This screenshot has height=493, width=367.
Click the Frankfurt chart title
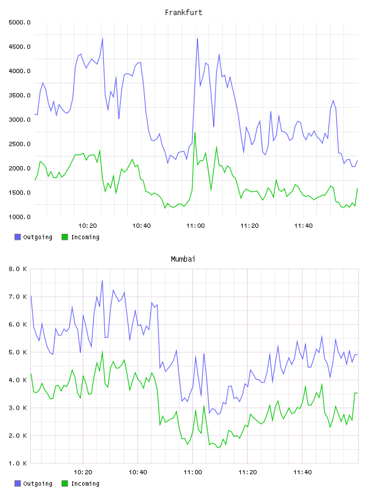(183, 13)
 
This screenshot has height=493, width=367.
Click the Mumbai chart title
(183, 259)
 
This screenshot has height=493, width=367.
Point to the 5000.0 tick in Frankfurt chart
(19, 22)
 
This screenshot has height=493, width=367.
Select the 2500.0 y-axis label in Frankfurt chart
(19, 144)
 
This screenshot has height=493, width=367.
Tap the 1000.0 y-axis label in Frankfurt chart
(19, 217)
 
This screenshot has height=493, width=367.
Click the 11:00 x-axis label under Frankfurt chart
(196, 226)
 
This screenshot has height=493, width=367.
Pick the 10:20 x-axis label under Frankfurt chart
(88, 226)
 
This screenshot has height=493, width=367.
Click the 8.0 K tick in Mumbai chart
(18, 269)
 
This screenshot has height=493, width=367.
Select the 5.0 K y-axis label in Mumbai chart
(18, 352)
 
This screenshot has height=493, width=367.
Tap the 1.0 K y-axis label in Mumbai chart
(18, 463)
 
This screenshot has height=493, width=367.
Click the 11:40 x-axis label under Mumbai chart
(302, 472)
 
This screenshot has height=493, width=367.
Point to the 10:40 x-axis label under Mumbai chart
(138, 472)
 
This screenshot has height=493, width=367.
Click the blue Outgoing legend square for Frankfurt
(18, 237)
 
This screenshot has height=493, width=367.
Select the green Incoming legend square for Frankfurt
(65, 237)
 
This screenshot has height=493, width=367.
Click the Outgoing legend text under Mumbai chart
(37, 483)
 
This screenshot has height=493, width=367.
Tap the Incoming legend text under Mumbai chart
(85, 483)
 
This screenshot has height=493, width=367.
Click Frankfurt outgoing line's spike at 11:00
(197, 39)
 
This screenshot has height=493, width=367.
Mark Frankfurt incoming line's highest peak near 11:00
(195, 133)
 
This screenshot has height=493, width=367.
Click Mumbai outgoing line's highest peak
(102, 280)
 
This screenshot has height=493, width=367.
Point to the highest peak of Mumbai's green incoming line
(102, 351)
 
